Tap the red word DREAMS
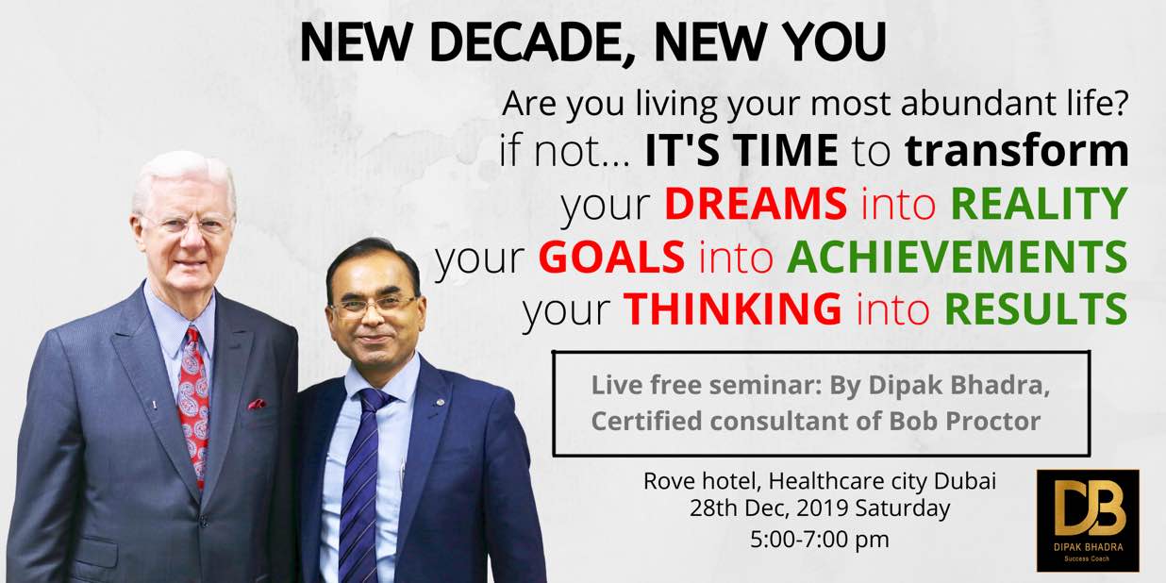[x=756, y=204]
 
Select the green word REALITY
[x=1040, y=204]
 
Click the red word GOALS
[x=611, y=257]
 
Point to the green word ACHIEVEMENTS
[x=958, y=257]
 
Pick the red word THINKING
[x=732, y=308]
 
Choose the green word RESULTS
[x=1037, y=308]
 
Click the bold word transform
[x=1017, y=150]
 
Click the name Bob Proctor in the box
[x=964, y=421]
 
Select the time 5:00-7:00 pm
[x=820, y=540]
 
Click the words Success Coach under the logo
[x=1087, y=559]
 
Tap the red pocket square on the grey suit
[x=258, y=404]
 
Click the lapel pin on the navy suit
[x=440, y=402]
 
